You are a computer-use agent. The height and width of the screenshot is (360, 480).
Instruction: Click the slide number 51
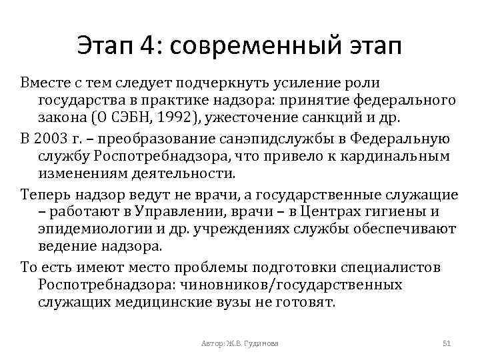pos(447,343)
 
